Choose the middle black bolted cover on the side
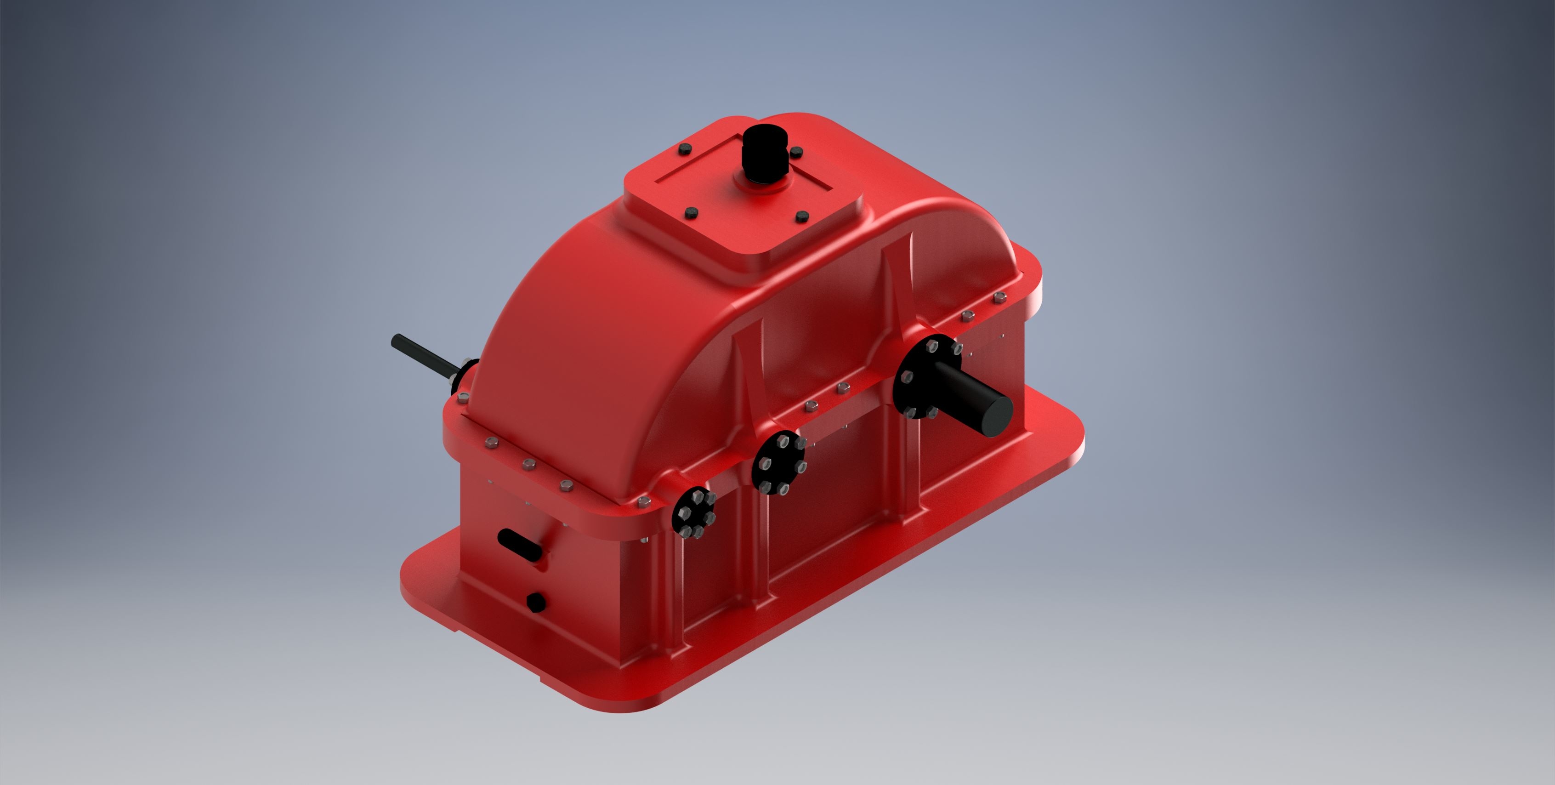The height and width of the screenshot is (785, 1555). (x=779, y=462)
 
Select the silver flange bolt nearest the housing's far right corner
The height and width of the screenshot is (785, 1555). (x=999, y=296)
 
